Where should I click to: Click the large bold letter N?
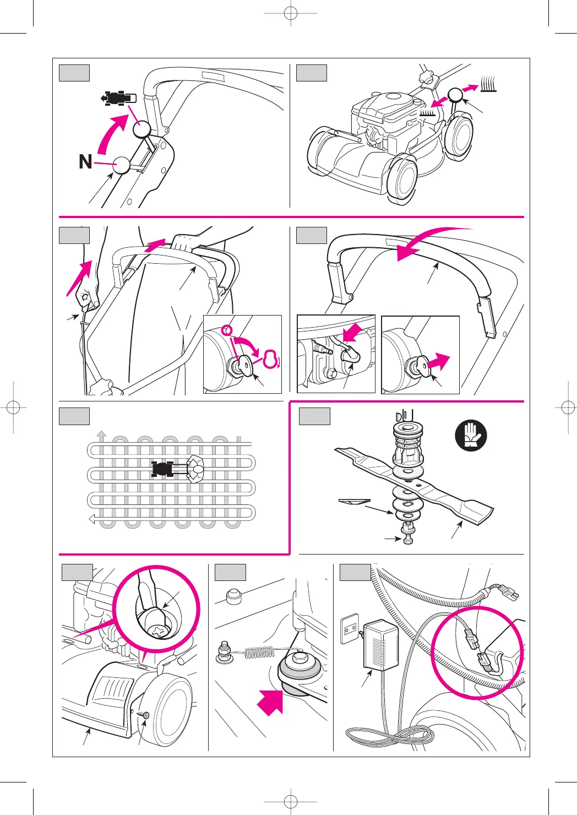85,162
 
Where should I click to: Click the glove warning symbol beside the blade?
471,434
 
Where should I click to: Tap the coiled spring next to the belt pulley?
259,653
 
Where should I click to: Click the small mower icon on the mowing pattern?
163,469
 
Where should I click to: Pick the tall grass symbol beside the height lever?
488,83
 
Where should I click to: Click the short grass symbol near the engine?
428,112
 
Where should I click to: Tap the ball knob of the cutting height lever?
455,95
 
